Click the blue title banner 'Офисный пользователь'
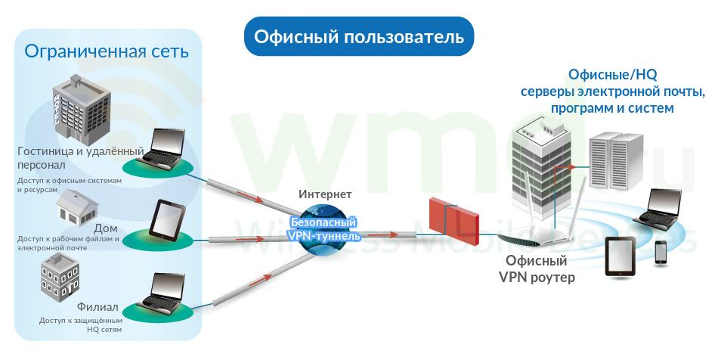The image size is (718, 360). [359, 36]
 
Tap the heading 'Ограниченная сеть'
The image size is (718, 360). [107, 51]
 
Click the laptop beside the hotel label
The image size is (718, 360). [162, 147]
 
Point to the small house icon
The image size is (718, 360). [77, 207]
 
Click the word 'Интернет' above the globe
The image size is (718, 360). [325, 194]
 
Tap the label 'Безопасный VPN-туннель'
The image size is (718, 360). [323, 229]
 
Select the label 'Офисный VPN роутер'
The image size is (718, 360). [536, 268]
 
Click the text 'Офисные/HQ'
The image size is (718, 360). [613, 74]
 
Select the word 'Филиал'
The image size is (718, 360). [97, 306]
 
